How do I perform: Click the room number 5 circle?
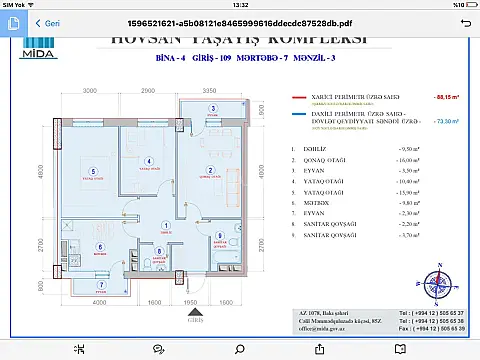[x=92, y=170]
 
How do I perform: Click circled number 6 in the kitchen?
[x=98, y=246]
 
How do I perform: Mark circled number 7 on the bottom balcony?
[x=99, y=284]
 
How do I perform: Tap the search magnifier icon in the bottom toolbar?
[x=240, y=348]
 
